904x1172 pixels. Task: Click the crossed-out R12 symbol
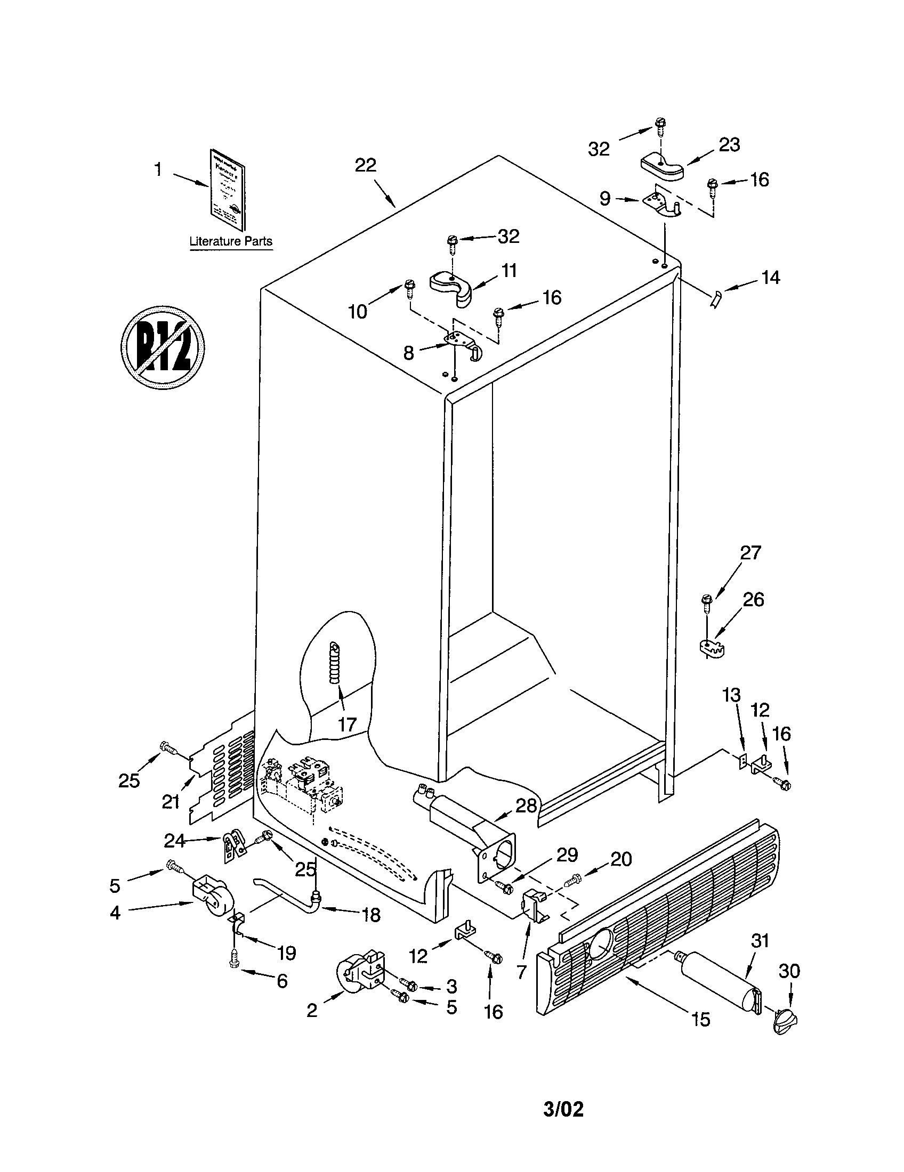[x=163, y=347]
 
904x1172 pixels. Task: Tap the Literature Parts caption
[x=231, y=241]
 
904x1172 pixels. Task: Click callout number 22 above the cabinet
[x=365, y=165]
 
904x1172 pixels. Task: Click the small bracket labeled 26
[x=712, y=646]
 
